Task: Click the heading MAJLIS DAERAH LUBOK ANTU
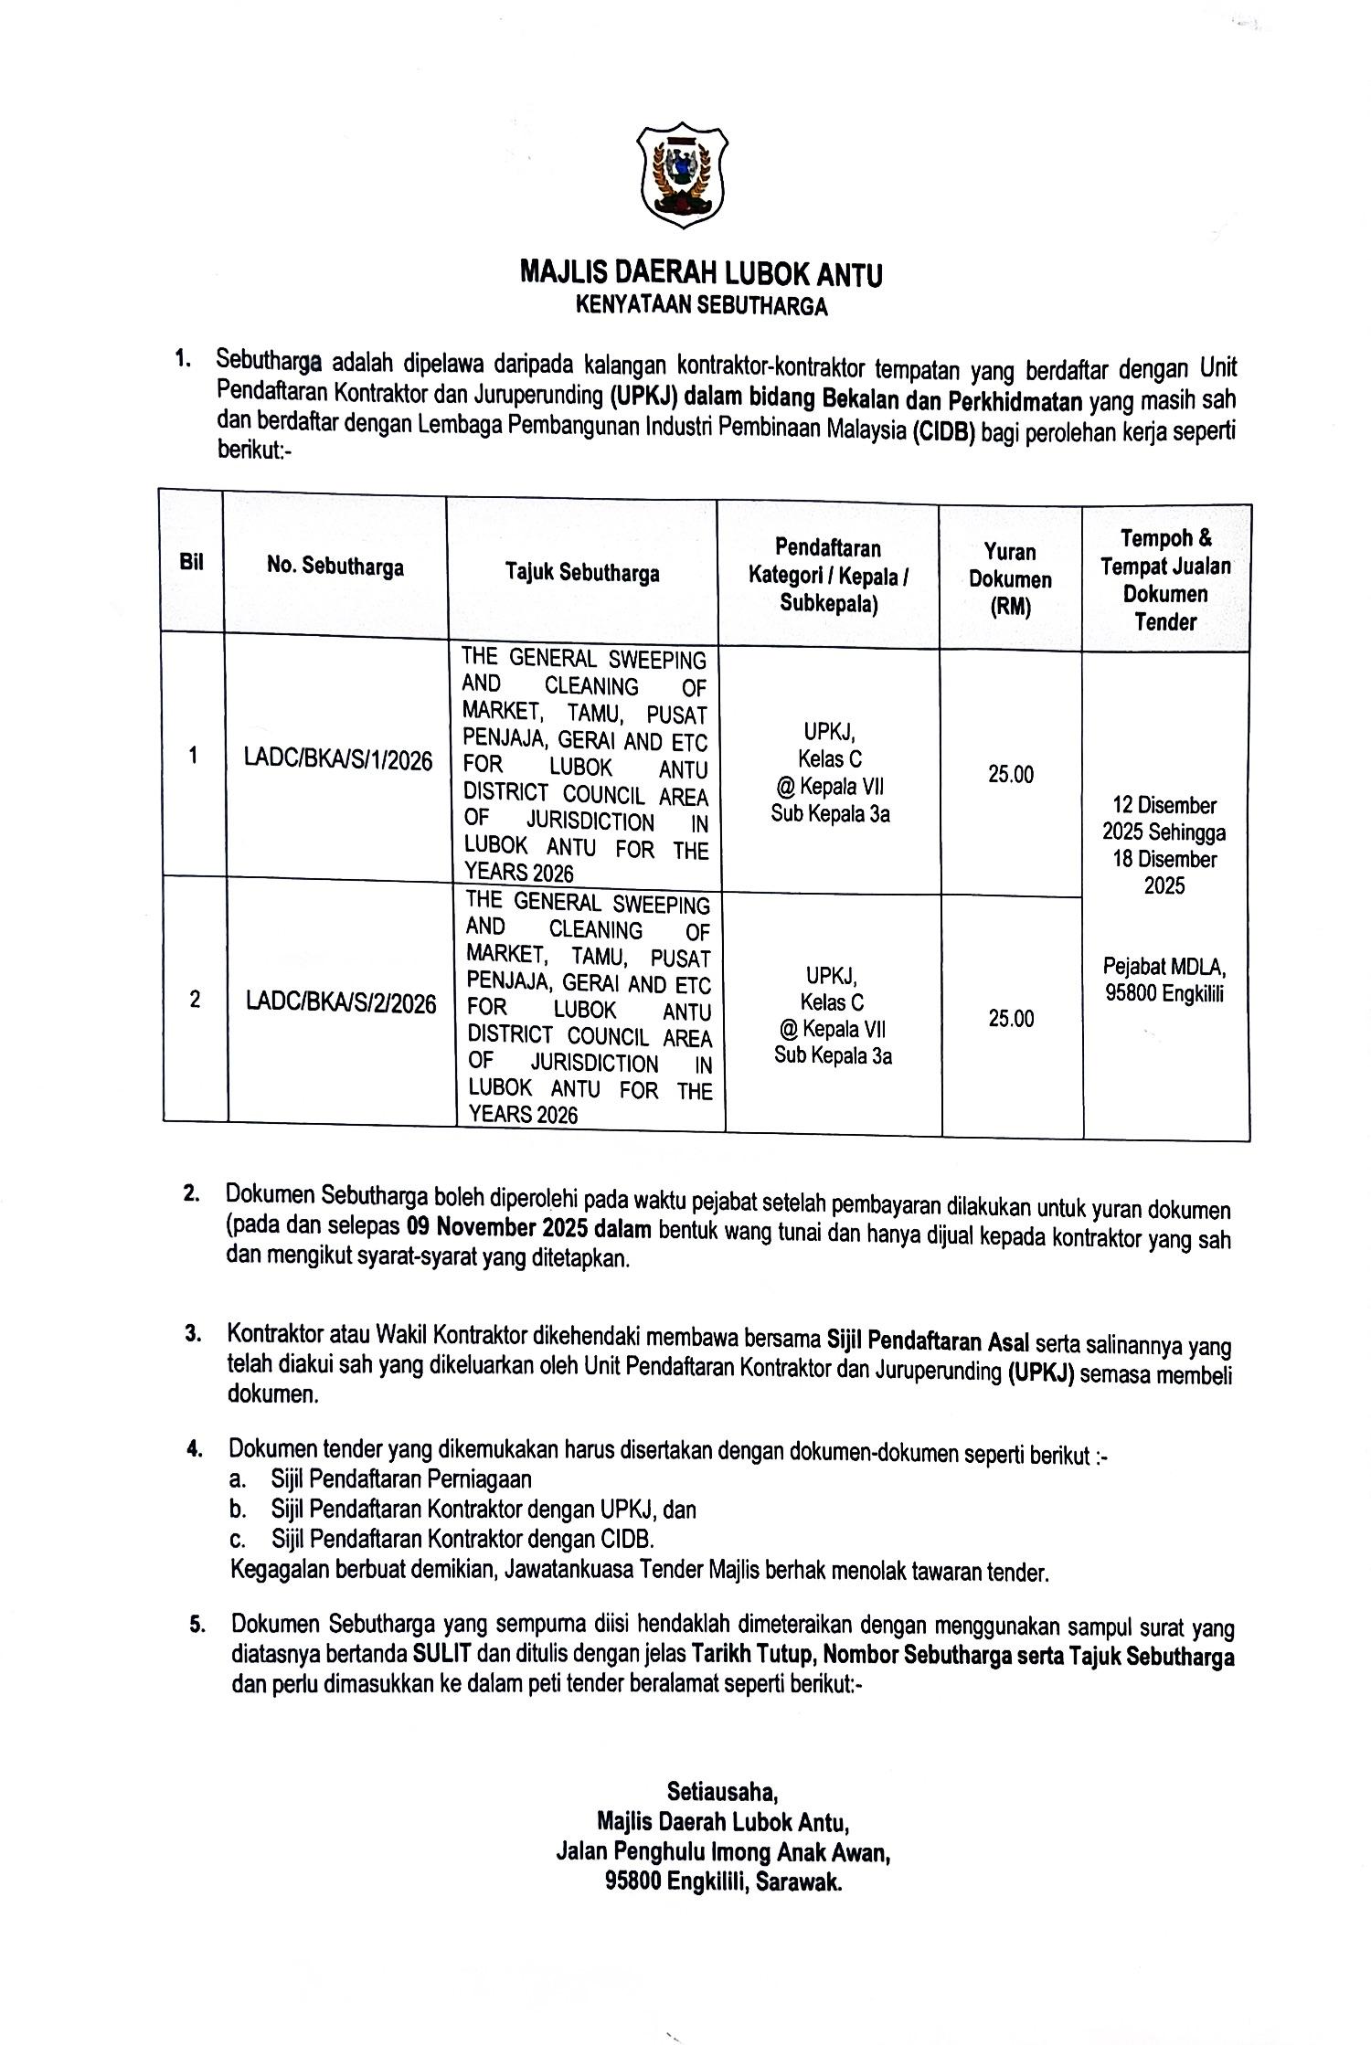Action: (701, 273)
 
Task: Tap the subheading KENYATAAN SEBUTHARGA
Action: (701, 306)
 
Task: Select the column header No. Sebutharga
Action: (335, 567)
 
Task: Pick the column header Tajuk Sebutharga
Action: (582, 573)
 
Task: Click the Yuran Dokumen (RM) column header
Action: (1010, 579)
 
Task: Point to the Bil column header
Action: (192, 562)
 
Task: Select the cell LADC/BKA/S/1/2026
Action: (338, 760)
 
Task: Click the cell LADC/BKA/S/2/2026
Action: (341, 1003)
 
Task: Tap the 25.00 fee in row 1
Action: (1011, 775)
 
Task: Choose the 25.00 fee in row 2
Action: (1011, 1019)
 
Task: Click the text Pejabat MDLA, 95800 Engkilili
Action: (1164, 980)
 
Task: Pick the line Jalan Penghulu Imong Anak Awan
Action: (722, 1852)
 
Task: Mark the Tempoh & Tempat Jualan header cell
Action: (1165, 579)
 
